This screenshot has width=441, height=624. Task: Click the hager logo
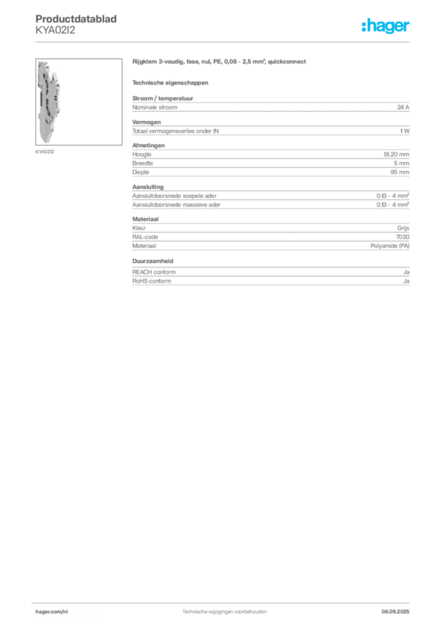[385, 26]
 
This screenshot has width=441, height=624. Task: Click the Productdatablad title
[76, 19]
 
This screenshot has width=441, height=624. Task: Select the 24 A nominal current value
[403, 107]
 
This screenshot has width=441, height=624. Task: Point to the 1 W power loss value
[404, 131]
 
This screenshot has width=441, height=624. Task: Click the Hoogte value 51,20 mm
[396, 154]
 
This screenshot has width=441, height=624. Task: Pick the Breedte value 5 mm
[401, 163]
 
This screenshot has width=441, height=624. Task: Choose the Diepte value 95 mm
[400, 172]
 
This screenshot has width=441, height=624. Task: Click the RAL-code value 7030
[403, 237]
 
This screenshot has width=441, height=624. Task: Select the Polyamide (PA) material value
[390, 246]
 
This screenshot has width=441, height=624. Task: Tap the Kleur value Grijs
[403, 228]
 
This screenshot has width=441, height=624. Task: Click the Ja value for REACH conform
[406, 272]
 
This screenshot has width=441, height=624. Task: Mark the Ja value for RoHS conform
[406, 281]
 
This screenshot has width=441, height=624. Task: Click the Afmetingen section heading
[149, 145]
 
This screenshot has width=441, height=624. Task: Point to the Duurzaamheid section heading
[153, 261]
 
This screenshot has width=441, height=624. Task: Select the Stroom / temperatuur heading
[163, 98]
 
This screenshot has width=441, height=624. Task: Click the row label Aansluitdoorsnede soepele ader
[174, 196]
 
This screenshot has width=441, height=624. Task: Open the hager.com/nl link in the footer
[52, 612]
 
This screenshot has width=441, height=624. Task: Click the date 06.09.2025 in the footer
[395, 612]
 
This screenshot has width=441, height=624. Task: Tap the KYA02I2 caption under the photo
[44, 152]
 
